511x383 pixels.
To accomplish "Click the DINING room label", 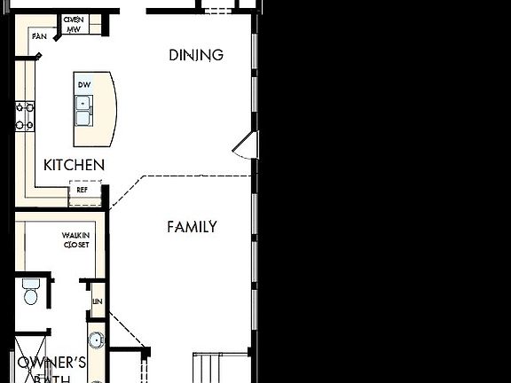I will pyautogui.click(x=196, y=55).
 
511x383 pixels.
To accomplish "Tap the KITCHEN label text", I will pyautogui.click(x=75, y=165).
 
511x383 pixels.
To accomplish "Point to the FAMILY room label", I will pyautogui.click(x=192, y=227).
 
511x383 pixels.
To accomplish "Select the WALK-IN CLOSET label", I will pyautogui.click(x=75, y=239).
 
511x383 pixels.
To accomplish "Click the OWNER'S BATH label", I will pyautogui.click(x=52, y=369).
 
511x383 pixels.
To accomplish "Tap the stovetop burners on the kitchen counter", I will pyautogui.click(x=24, y=116).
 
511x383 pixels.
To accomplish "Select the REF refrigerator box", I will pyautogui.click(x=83, y=190).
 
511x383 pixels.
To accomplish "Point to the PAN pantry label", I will pyautogui.click(x=39, y=36).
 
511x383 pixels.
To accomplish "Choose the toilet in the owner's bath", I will pyautogui.click(x=31, y=292).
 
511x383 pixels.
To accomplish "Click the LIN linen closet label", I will pyautogui.click(x=97, y=302).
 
